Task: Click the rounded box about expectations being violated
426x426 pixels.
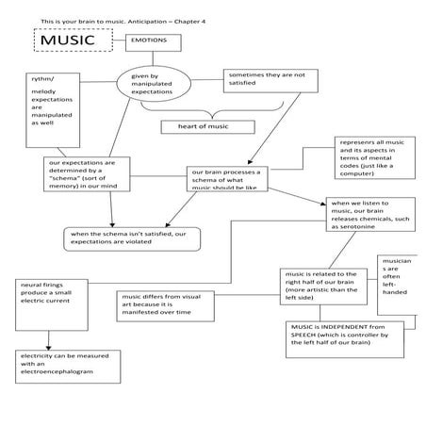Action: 133,238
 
